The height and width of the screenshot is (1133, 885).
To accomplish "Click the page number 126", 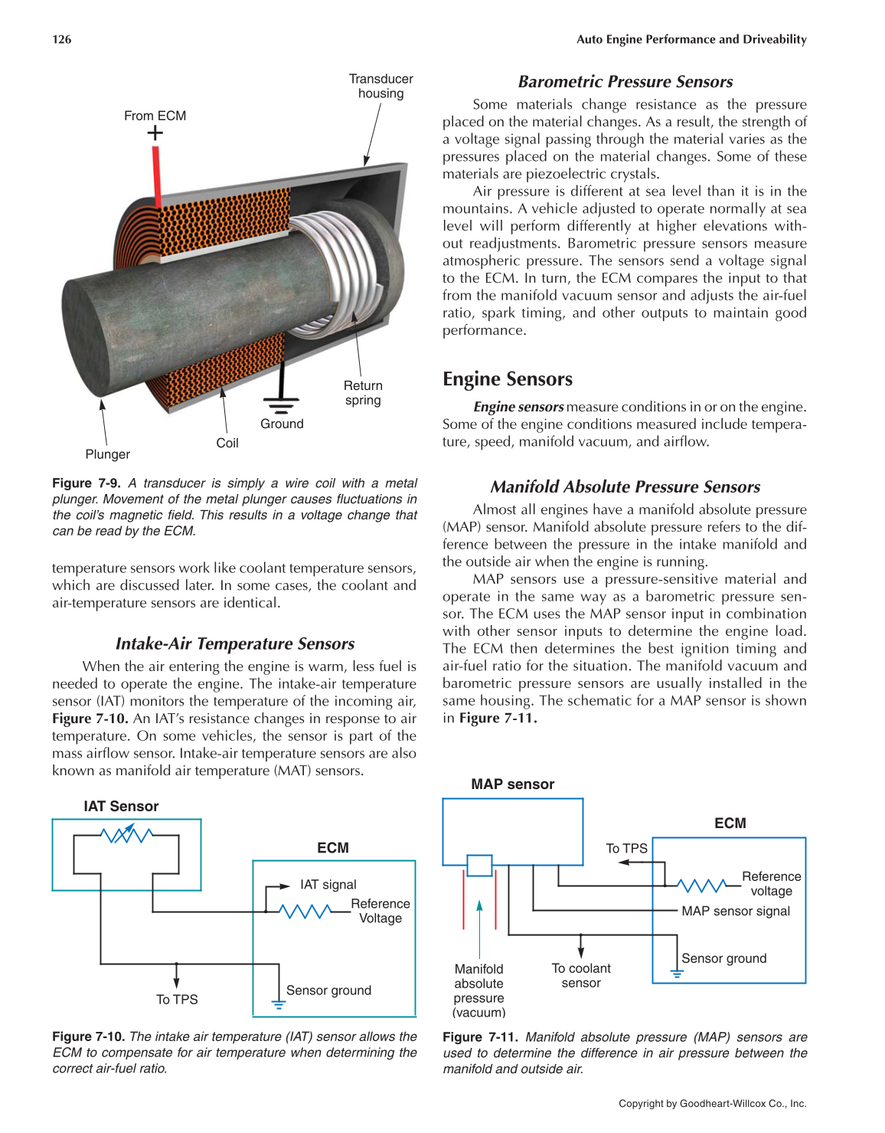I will (x=62, y=39).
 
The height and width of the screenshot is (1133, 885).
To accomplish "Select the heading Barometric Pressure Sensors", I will (x=625, y=82).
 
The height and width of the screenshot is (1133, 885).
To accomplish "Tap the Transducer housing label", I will (x=380, y=86).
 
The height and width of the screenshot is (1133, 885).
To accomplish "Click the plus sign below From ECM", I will (x=155, y=133).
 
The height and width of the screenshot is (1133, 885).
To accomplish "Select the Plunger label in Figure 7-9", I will (x=107, y=454).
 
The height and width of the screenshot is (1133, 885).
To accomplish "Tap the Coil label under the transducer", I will (x=227, y=443).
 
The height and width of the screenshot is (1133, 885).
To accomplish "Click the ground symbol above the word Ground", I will (x=281, y=402).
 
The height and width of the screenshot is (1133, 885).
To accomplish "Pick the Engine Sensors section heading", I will (x=508, y=379).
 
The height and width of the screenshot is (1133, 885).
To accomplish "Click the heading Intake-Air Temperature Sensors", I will (x=234, y=643).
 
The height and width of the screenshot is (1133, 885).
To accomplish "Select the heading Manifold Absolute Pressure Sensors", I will (x=625, y=487).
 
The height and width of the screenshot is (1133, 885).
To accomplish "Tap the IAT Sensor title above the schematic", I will (x=121, y=806).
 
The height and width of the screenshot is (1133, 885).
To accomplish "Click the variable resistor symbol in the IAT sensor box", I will (x=127, y=835).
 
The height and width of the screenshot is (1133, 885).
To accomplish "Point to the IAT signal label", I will (x=328, y=885).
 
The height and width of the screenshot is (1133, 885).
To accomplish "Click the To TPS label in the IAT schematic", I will (x=177, y=1000).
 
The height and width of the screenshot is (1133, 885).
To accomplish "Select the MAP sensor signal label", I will (x=736, y=911).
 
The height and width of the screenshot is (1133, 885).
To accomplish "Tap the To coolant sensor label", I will (x=581, y=975).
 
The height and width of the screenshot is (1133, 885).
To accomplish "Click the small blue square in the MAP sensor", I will (x=479, y=866).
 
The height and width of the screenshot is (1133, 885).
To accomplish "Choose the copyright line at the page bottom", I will (x=712, y=1104).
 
